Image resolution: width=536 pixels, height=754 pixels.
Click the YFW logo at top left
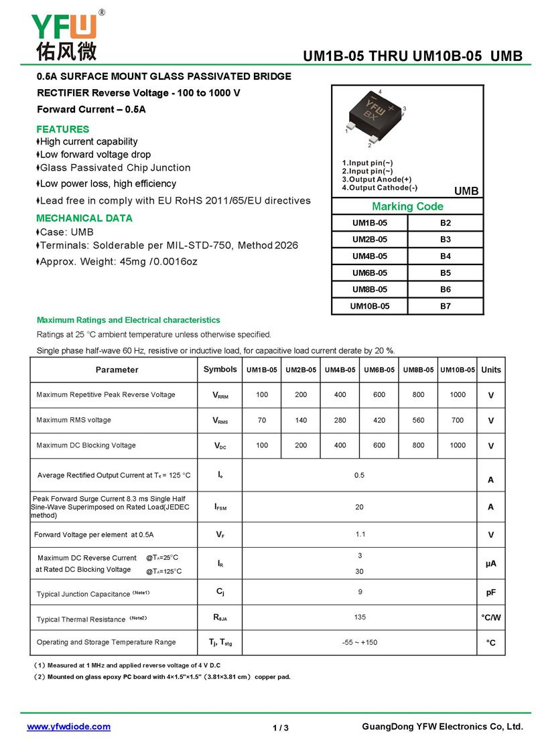[64, 35]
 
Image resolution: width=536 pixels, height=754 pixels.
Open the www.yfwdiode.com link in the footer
[68, 727]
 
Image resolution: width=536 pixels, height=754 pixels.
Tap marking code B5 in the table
[446, 273]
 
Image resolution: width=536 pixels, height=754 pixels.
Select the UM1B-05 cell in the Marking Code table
[370, 223]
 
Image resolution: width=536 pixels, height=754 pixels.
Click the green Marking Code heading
[407, 206]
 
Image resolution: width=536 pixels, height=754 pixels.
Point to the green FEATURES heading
[62, 129]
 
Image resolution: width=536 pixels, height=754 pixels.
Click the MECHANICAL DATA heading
[84, 218]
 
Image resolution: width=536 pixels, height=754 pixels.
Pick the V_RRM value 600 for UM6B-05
[379, 395]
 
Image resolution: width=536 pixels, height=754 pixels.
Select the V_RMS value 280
[340, 421]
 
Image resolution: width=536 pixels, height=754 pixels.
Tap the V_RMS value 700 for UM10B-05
[458, 421]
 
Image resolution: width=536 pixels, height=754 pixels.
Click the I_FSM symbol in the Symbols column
[220, 508]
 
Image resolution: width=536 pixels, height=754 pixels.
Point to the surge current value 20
[360, 508]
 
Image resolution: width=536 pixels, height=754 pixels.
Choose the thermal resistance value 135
[360, 617]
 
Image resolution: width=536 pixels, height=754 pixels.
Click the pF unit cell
[491, 593]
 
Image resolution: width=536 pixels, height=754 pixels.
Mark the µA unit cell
[491, 564]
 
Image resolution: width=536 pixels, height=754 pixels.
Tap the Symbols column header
[220, 370]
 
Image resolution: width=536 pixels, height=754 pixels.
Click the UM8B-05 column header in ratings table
[419, 370]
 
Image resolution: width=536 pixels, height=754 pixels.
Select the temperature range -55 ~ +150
[360, 643]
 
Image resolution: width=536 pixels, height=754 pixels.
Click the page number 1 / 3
[281, 728]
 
